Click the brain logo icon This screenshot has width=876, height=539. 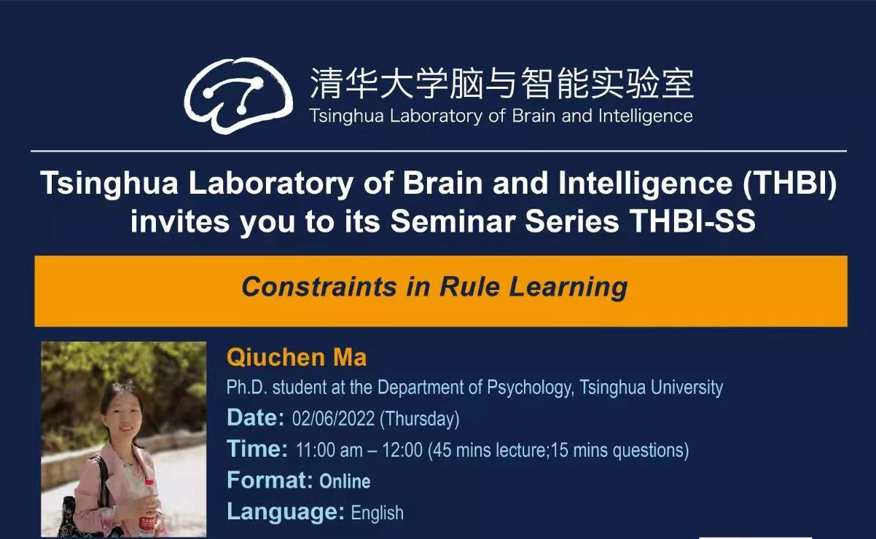click(238, 95)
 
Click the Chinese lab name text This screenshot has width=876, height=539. click(501, 84)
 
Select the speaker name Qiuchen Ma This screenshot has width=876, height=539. click(297, 357)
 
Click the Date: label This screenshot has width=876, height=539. click(256, 417)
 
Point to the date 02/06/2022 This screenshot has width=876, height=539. click(334, 419)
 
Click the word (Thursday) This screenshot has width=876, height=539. click(420, 419)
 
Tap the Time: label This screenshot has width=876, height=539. click(257, 449)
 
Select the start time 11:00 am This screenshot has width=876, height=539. click(329, 450)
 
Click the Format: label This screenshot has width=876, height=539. click(270, 480)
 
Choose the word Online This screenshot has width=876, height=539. click(345, 481)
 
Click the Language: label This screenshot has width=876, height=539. click(286, 512)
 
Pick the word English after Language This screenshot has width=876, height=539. click(378, 513)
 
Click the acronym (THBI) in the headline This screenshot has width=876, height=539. click(789, 183)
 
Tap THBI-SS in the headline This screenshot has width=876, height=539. click(693, 221)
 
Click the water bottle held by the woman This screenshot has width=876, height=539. click(148, 508)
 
